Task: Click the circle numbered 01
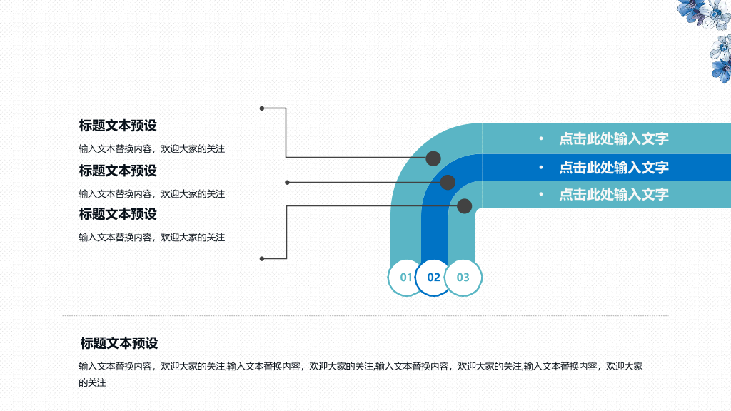pyautogui.click(x=405, y=278)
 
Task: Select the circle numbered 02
pyautogui.click(x=433, y=278)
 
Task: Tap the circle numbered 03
pyautogui.click(x=463, y=278)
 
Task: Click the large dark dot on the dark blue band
pyautogui.click(x=448, y=182)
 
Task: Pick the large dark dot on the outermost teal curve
pyautogui.click(x=433, y=158)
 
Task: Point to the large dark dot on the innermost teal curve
pyautogui.click(x=464, y=206)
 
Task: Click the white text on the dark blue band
pyautogui.click(x=613, y=167)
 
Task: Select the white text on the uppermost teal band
pyautogui.click(x=613, y=138)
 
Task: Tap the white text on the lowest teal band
pyautogui.click(x=613, y=194)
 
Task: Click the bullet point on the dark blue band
pyautogui.click(x=541, y=167)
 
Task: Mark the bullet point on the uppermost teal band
pyautogui.click(x=541, y=138)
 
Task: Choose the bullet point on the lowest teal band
pyautogui.click(x=541, y=194)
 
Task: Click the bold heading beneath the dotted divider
pyautogui.click(x=119, y=343)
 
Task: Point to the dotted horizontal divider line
pyautogui.click(x=365, y=315)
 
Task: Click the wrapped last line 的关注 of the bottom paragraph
pyautogui.click(x=92, y=383)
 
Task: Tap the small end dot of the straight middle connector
pyautogui.click(x=287, y=182)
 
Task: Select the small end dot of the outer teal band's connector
pyautogui.click(x=262, y=108)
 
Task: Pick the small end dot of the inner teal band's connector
pyautogui.click(x=262, y=258)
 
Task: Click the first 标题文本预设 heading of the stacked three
pyautogui.click(x=118, y=126)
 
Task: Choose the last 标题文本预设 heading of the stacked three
pyautogui.click(x=118, y=214)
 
